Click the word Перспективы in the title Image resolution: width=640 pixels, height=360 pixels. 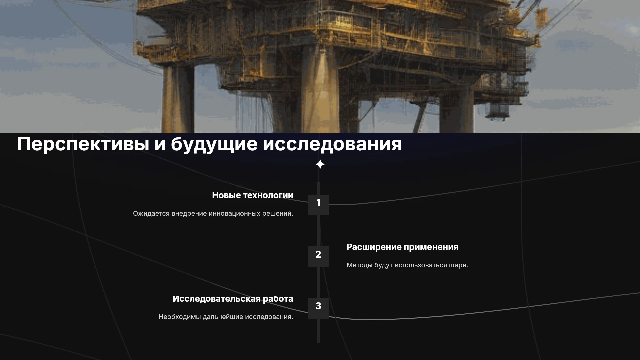click(83, 144)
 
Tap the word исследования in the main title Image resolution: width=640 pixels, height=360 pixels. click(332, 144)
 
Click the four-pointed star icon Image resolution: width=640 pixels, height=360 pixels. click(320, 164)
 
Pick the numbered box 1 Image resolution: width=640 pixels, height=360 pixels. click(318, 205)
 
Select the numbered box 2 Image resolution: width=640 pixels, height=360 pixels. click(318, 257)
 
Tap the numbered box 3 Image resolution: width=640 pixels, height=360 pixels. click(318, 308)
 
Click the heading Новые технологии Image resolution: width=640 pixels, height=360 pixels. click(253, 196)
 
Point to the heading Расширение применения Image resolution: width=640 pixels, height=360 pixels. click(402, 247)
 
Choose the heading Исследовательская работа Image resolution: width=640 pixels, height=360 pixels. click(233, 299)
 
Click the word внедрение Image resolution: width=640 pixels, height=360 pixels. click(189, 214)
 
